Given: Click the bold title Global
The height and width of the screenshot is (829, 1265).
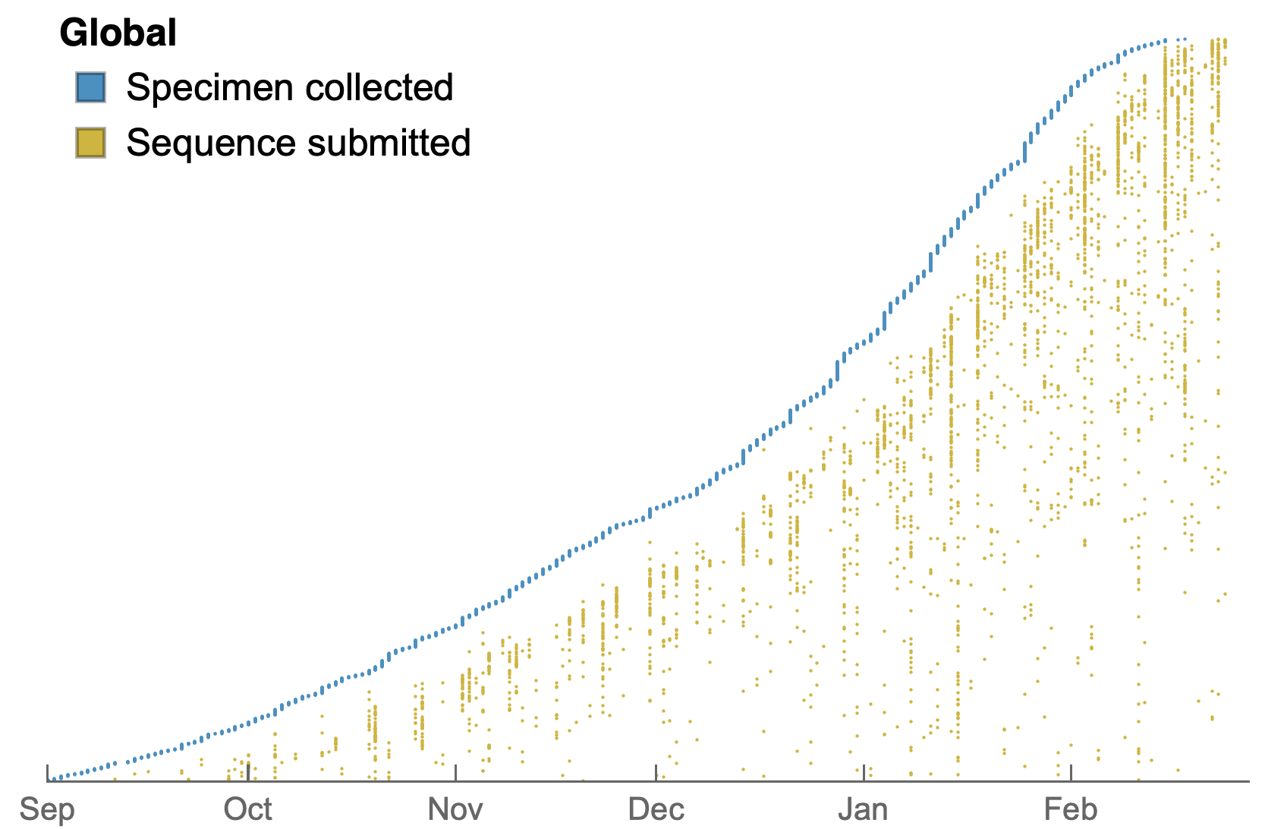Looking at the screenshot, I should [118, 33].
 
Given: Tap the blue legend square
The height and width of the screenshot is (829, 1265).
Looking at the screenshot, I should [90, 87].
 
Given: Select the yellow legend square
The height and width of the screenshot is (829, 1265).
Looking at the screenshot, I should [90, 143].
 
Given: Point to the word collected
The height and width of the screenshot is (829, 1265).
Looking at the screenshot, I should [379, 87].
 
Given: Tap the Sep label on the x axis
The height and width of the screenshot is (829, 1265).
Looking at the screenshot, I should [47, 810].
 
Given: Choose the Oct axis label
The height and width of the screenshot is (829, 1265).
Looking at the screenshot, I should [247, 810].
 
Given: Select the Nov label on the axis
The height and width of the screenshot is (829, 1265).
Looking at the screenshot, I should [455, 810].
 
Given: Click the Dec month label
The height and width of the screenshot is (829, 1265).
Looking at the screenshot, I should [656, 810].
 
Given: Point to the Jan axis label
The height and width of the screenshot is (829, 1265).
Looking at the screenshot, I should [864, 810].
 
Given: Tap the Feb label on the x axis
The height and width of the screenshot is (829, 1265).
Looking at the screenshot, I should [1070, 810].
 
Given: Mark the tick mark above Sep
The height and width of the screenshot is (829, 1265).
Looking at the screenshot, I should [48, 773].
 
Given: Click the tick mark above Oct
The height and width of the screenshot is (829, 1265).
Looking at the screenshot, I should [248, 773].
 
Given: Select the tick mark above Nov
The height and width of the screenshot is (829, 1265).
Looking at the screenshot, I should [455, 773].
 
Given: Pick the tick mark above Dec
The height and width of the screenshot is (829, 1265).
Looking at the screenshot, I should [656, 773].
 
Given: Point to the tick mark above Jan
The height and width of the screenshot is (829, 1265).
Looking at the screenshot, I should [864, 773].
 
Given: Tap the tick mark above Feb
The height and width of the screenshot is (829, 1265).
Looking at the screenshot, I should [1071, 773].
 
